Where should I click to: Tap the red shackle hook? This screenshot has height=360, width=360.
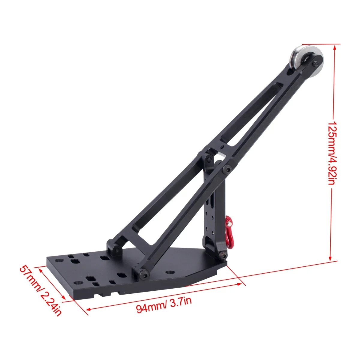230,228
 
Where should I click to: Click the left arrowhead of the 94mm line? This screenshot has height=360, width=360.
88,309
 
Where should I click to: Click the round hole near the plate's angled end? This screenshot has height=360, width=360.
170,272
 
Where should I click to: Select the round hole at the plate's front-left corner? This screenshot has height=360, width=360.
78,283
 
